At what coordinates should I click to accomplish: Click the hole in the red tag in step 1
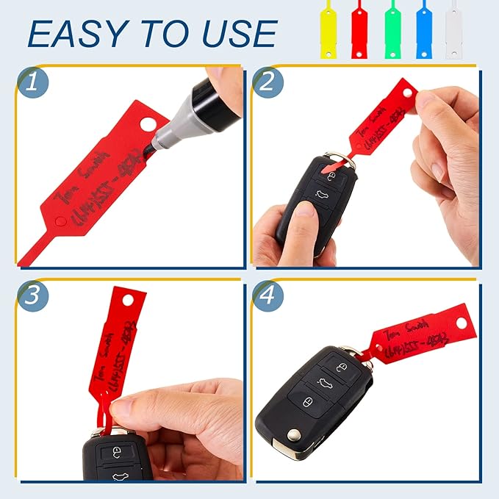click(x=154, y=122)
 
